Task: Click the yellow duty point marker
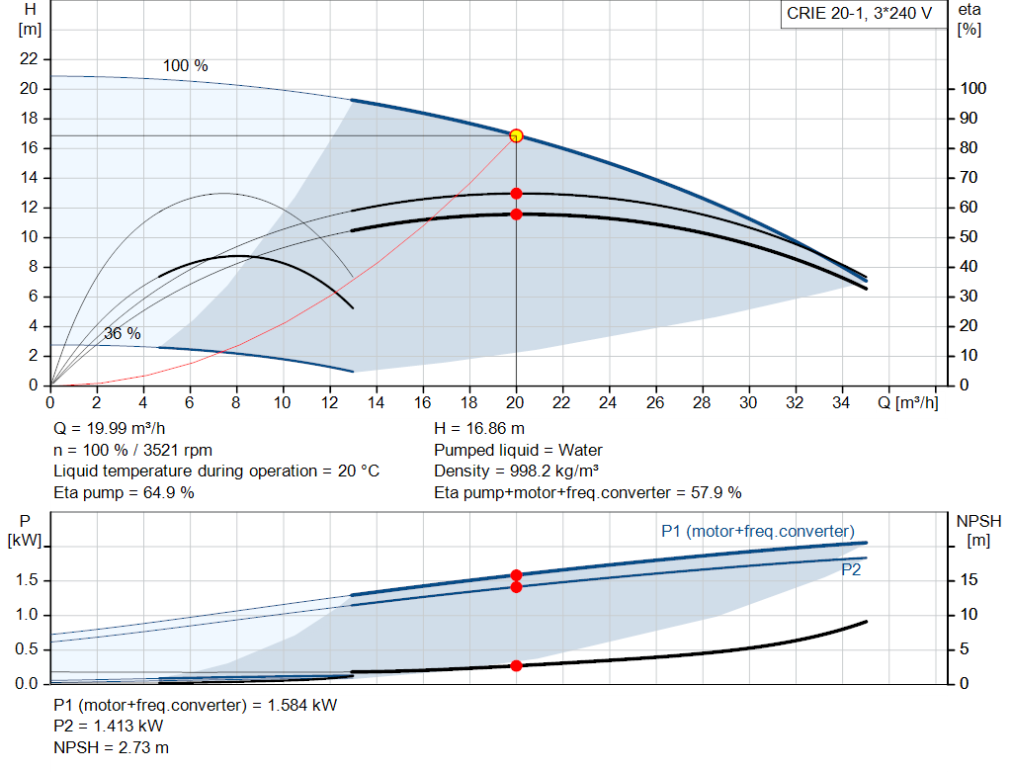click(x=516, y=135)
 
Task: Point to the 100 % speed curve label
click(x=185, y=66)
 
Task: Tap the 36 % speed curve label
click(x=122, y=334)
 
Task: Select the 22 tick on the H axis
click(x=29, y=58)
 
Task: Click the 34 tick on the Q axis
click(x=841, y=402)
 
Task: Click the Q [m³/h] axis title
click(x=907, y=402)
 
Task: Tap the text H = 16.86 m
click(x=479, y=429)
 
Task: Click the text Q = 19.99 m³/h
click(x=109, y=429)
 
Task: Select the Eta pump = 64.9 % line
click(x=124, y=492)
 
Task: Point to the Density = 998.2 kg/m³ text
click(x=516, y=472)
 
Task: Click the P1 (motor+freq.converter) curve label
click(x=758, y=531)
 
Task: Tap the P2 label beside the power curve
click(x=851, y=570)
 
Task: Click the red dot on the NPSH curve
click(x=516, y=665)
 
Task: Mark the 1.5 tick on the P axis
click(x=27, y=580)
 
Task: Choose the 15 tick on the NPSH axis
click(x=969, y=579)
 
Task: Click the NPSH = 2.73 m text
click(x=111, y=747)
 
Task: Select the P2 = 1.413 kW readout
click(x=109, y=727)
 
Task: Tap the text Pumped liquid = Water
click(x=518, y=450)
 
